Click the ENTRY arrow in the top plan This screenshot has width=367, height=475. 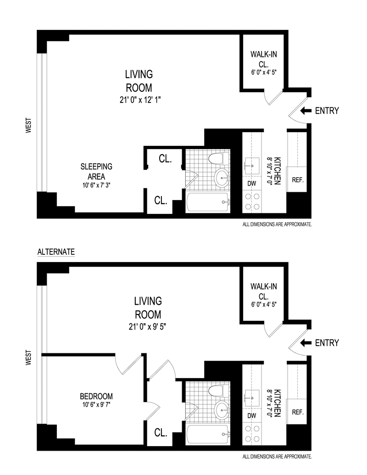click(x=306, y=111)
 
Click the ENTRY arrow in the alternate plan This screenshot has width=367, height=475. click(x=306, y=343)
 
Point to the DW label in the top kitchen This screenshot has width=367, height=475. click(x=252, y=183)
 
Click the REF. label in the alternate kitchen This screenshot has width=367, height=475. click(x=298, y=412)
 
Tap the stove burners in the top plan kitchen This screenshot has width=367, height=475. click(x=252, y=201)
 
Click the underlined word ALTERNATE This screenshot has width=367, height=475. click(x=56, y=252)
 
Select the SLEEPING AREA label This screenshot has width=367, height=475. click(x=96, y=172)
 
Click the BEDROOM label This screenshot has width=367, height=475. click(x=96, y=396)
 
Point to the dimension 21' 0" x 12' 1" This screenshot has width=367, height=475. click(x=140, y=100)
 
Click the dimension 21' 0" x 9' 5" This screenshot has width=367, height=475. click(x=147, y=327)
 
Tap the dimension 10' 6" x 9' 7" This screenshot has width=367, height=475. click(x=96, y=404)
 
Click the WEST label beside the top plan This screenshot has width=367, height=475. click(x=28, y=125)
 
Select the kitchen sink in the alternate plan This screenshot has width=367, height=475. click(x=252, y=398)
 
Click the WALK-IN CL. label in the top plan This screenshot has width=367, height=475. click(x=263, y=59)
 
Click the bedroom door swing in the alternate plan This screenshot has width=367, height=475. click(x=129, y=364)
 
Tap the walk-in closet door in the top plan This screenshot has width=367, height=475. click(x=274, y=98)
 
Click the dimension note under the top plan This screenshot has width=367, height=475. click(x=277, y=224)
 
